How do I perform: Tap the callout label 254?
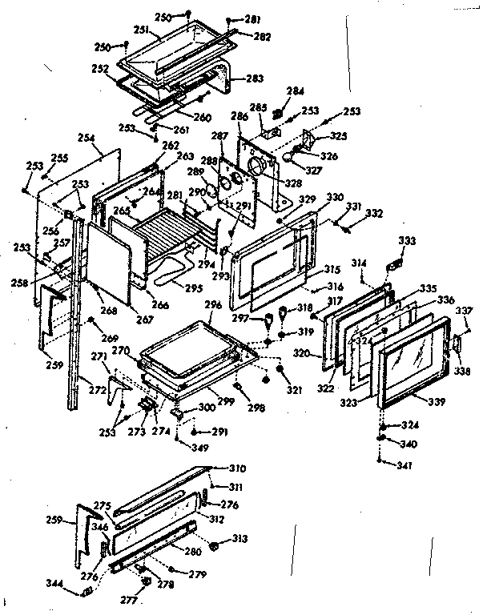(86, 139)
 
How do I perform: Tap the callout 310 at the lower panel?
(238, 468)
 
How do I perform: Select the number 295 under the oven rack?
(192, 287)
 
